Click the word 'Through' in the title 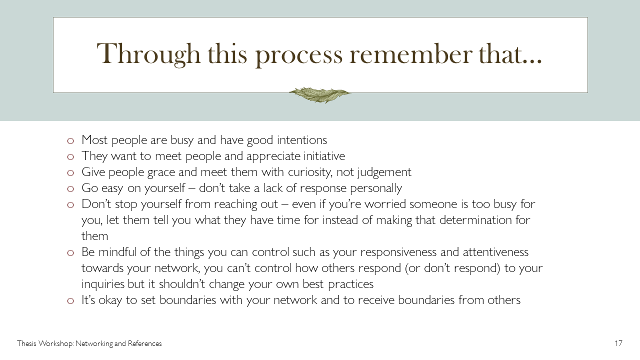pos(148,54)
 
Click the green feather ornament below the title pos(320,95)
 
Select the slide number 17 pos(618,343)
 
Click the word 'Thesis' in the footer pos(26,343)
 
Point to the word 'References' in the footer pos(145,343)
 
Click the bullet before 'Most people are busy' pos(70,140)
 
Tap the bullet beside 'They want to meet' pos(70,156)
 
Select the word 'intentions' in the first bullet pos(302,140)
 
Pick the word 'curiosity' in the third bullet pos(310,172)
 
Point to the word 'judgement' pos(384,172)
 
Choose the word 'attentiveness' pos(495,252)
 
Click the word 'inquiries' pos(103,284)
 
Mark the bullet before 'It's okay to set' pos(70,300)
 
